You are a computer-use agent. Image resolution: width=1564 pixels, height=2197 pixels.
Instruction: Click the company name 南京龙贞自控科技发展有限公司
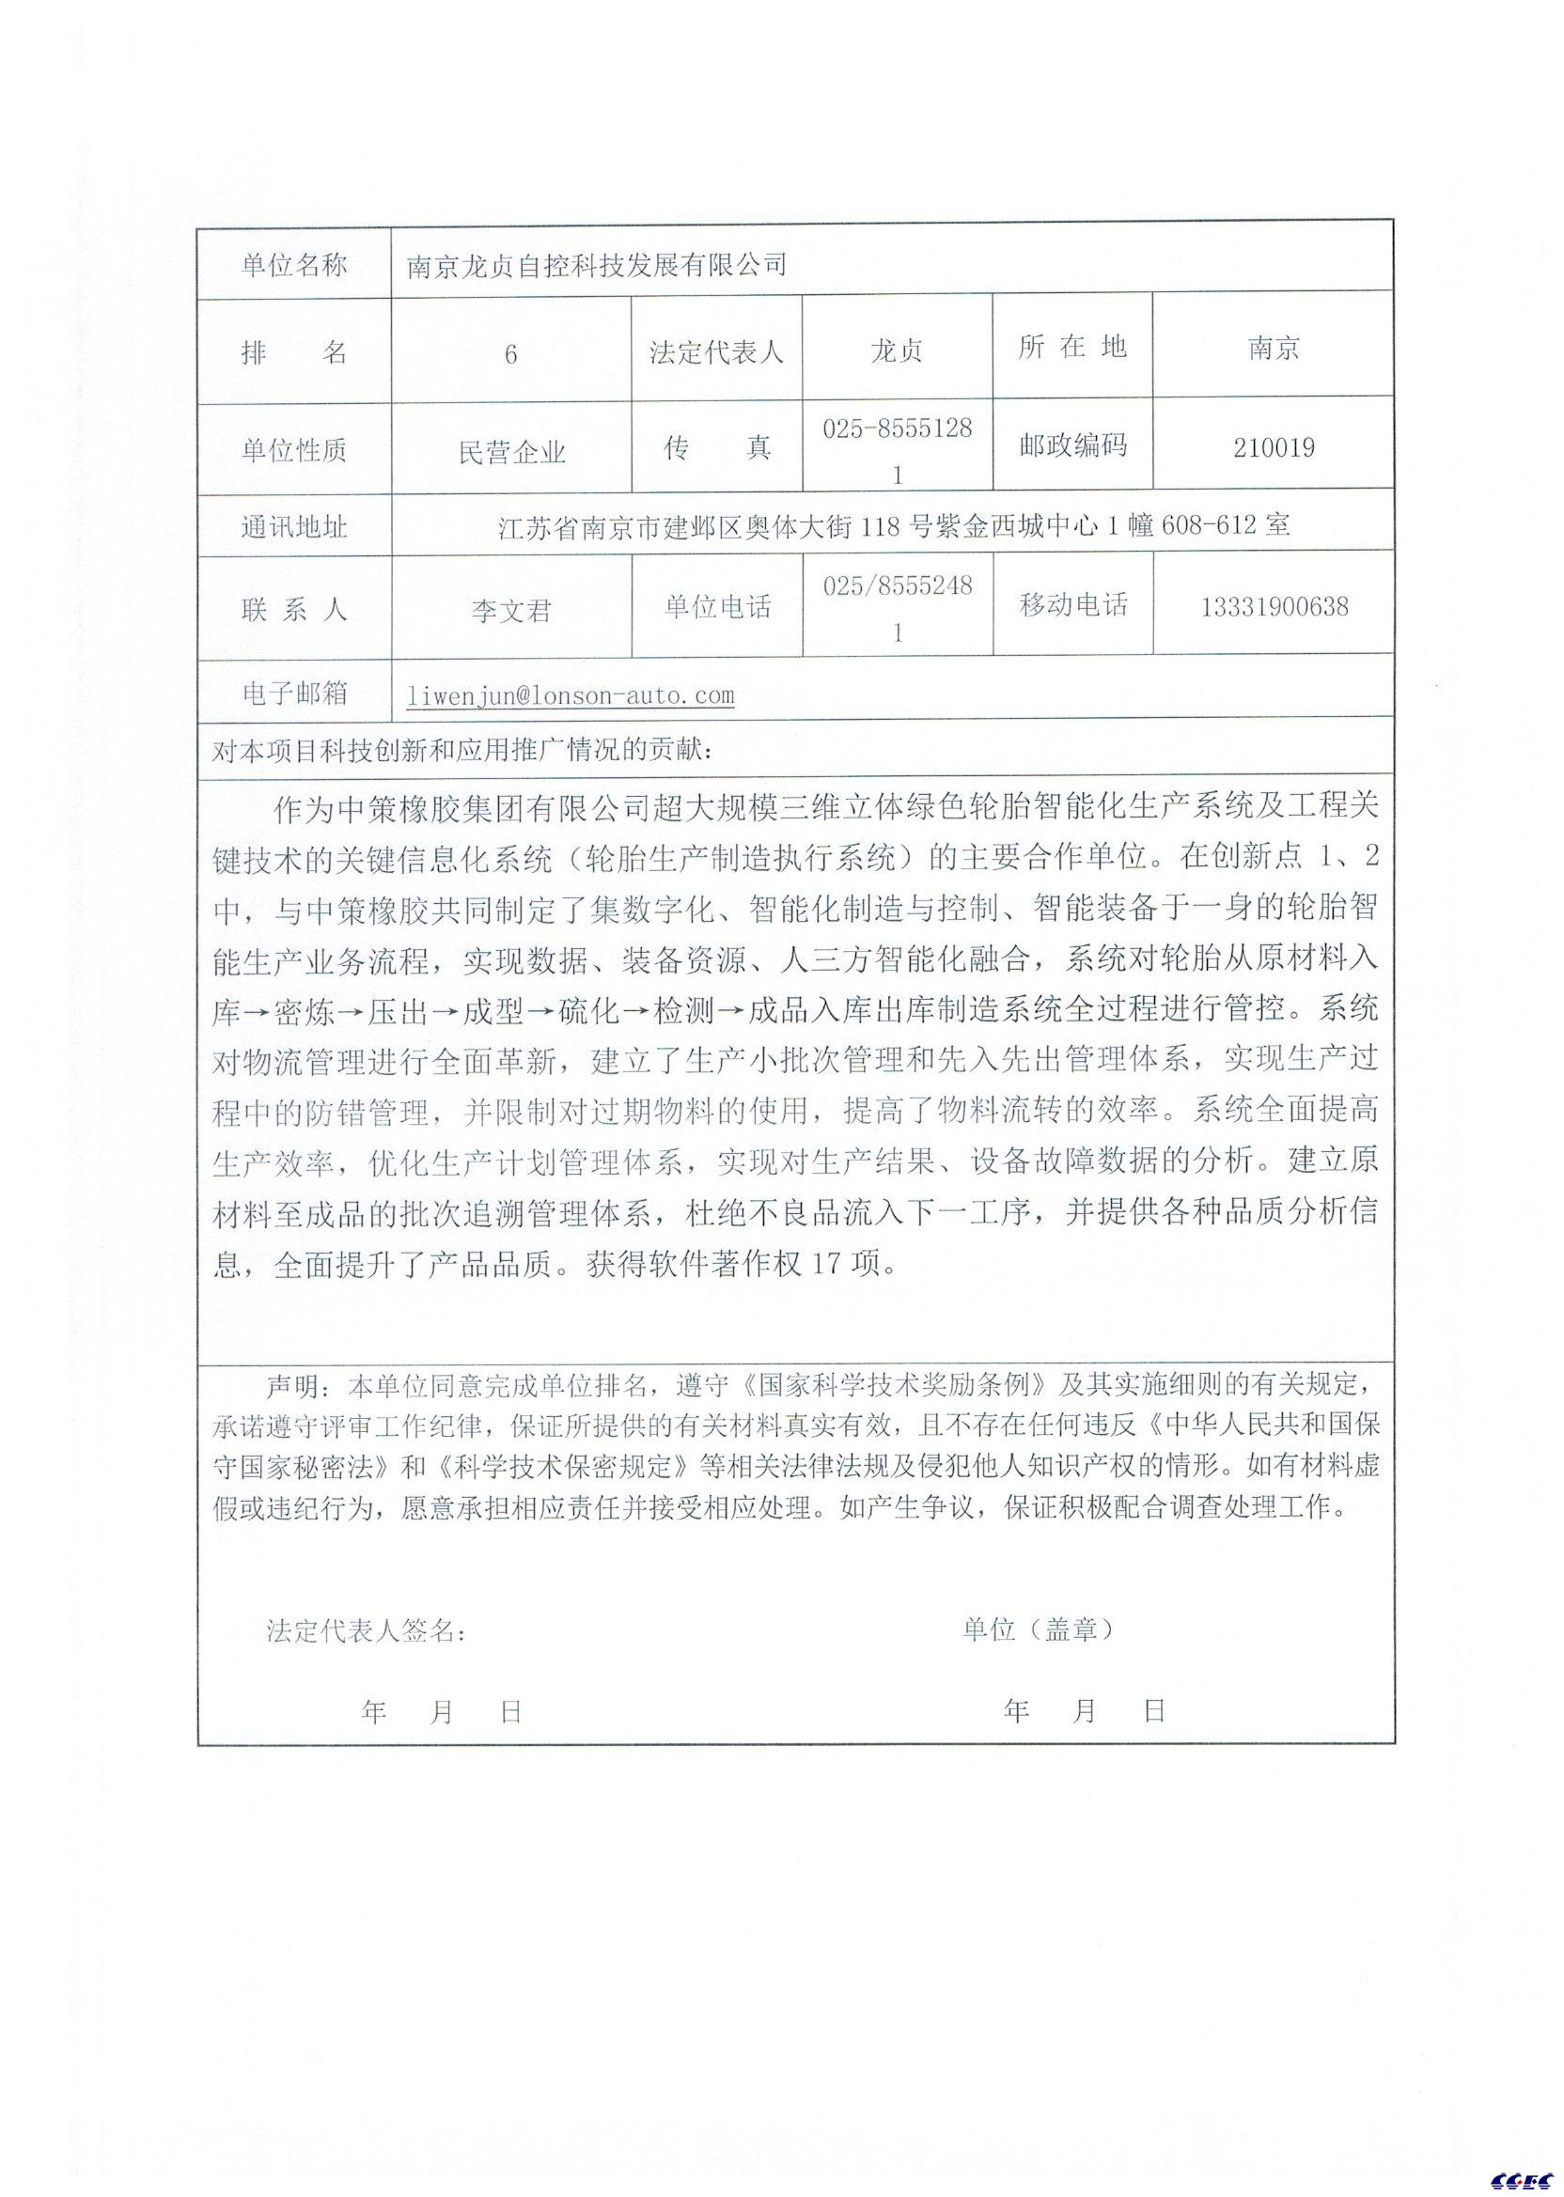(x=596, y=265)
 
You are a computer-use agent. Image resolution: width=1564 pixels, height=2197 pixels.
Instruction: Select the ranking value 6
(x=510, y=355)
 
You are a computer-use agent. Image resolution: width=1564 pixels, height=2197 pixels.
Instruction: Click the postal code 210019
(x=1274, y=447)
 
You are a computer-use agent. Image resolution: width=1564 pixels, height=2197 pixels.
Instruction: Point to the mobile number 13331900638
(x=1275, y=606)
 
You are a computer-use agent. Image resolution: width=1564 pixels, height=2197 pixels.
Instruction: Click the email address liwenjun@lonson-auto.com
(x=571, y=694)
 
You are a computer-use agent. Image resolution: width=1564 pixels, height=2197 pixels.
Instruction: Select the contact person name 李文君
(x=510, y=612)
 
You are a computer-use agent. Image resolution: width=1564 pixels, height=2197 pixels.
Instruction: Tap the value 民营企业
(x=510, y=453)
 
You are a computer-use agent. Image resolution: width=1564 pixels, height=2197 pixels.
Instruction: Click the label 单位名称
(x=294, y=266)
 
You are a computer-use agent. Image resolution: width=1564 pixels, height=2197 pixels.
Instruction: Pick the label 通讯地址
(x=294, y=526)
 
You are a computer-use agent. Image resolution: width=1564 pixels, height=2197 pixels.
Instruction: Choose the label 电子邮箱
(x=294, y=693)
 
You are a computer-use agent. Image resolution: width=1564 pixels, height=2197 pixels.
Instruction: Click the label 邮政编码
(x=1072, y=446)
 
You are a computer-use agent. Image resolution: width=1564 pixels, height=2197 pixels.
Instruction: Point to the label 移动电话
(x=1072, y=605)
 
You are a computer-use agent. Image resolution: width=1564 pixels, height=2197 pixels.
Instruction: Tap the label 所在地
(x=1071, y=348)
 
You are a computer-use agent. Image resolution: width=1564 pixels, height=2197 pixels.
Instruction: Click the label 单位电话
(x=717, y=606)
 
